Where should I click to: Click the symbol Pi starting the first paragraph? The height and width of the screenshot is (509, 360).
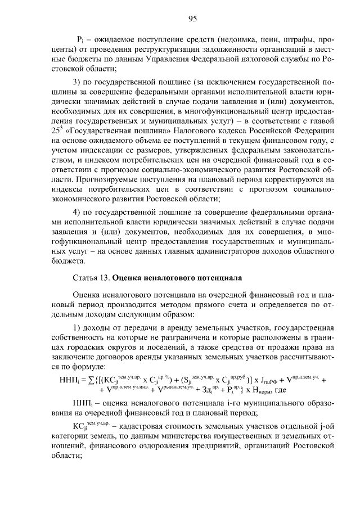point(79,41)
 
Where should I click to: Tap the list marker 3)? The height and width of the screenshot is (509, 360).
point(78,80)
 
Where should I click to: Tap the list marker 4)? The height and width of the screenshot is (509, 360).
point(78,213)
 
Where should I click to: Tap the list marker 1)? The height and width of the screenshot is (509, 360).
point(78,328)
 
